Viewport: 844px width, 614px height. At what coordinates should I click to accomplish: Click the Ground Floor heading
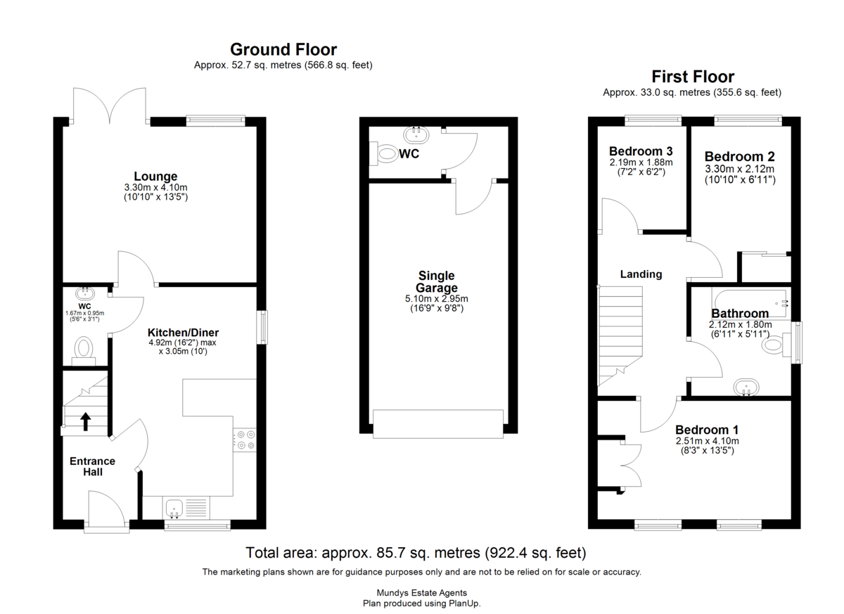tap(283, 49)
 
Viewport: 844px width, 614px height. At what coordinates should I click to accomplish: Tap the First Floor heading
tap(693, 77)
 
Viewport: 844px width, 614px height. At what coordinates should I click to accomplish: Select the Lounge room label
tap(155, 176)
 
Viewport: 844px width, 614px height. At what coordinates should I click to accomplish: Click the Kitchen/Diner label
tap(183, 332)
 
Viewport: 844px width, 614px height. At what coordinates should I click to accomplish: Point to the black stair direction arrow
tap(86, 421)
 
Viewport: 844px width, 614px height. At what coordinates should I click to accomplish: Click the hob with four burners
tap(245, 440)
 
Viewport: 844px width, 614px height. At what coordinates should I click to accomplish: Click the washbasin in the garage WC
tap(416, 135)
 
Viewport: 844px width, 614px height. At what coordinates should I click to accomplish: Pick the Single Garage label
tap(437, 281)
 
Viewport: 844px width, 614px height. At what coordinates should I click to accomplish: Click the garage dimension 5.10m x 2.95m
tap(437, 299)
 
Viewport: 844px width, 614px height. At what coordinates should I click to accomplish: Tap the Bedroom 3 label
tap(641, 151)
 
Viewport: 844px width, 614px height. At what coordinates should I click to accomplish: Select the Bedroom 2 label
tap(740, 156)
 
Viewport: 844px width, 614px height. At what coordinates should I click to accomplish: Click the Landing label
tap(641, 274)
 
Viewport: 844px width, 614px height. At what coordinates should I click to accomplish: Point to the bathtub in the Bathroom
tap(750, 303)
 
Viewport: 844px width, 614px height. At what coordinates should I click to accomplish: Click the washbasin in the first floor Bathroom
tap(746, 388)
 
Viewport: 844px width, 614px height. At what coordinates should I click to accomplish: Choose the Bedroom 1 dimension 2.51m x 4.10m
tap(708, 441)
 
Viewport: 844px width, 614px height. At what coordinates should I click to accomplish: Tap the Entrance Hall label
tap(92, 466)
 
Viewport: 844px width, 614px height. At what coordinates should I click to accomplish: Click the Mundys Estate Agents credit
tap(421, 593)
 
